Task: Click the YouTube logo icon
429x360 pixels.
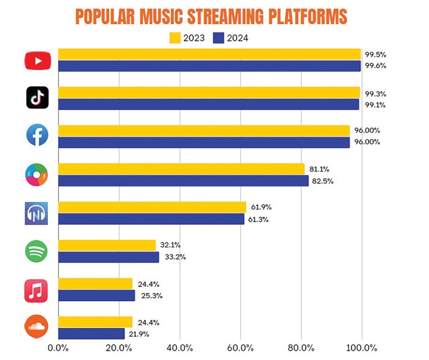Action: click(38, 61)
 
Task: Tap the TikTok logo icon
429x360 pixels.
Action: click(37, 98)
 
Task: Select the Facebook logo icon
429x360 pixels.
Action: click(37, 136)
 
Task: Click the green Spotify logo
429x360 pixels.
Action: click(37, 251)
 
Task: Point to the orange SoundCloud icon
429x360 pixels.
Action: click(37, 328)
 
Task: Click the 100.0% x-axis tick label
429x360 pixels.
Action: click(361, 348)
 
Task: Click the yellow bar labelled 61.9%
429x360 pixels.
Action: click(152, 207)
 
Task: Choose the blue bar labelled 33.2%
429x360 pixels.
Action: click(109, 257)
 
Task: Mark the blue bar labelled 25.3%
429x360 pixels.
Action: click(96, 296)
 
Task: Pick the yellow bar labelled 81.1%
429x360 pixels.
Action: click(181, 169)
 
